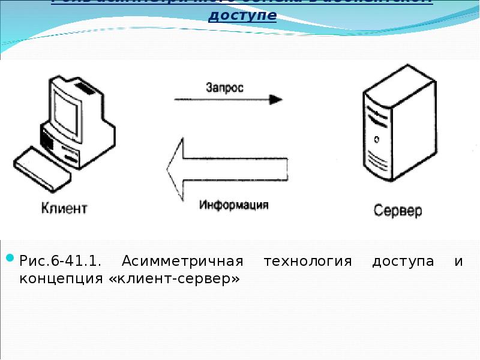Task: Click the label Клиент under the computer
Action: tap(64, 209)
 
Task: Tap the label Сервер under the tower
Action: tap(398, 211)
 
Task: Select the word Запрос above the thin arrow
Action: tap(225, 88)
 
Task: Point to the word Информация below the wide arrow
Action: tap(234, 205)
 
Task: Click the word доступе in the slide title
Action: tap(242, 15)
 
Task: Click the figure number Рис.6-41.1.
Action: tap(61, 262)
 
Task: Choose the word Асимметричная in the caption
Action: tap(182, 262)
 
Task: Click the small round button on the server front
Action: tap(376, 139)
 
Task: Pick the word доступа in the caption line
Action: tap(403, 262)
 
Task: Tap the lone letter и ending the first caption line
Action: tap(458, 263)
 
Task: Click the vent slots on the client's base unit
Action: tap(47, 139)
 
